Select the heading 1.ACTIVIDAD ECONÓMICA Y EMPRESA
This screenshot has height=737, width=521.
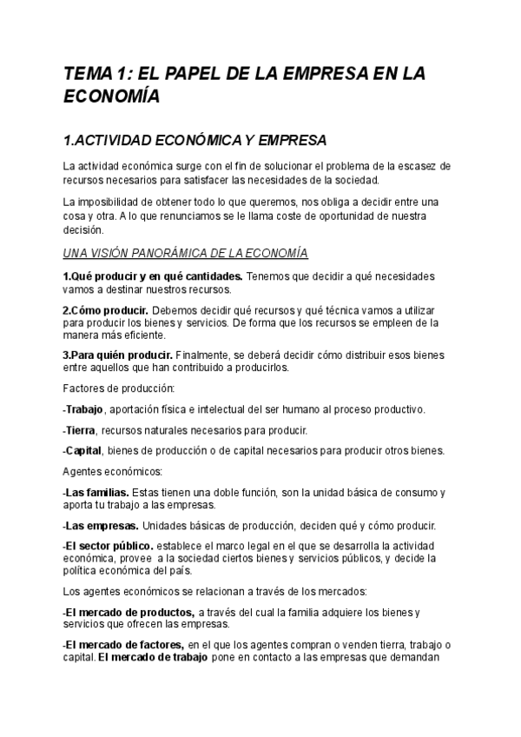point(195,139)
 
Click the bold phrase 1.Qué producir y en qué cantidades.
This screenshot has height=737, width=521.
point(153,276)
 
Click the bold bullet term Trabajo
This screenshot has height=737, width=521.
point(84,408)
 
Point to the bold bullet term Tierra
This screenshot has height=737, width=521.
point(81,429)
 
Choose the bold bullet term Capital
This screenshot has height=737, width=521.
point(84,450)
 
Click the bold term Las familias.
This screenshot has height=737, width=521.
point(97,492)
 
